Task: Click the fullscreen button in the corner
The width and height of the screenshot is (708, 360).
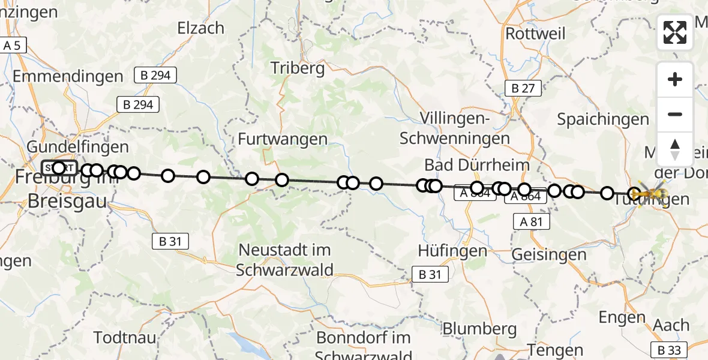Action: (675, 32)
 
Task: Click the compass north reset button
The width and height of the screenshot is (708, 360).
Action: (675, 149)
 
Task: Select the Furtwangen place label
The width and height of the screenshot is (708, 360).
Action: (283, 139)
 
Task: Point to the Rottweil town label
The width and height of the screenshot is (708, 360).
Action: (535, 34)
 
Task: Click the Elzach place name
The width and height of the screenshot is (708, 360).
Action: (201, 28)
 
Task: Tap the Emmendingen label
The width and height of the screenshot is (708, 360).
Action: (67, 77)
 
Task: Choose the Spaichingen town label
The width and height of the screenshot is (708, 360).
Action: (603, 119)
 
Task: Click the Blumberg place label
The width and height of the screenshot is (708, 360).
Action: (479, 329)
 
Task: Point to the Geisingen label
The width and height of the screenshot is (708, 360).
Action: (549, 254)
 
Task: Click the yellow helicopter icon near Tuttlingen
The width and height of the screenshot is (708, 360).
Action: (653, 193)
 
